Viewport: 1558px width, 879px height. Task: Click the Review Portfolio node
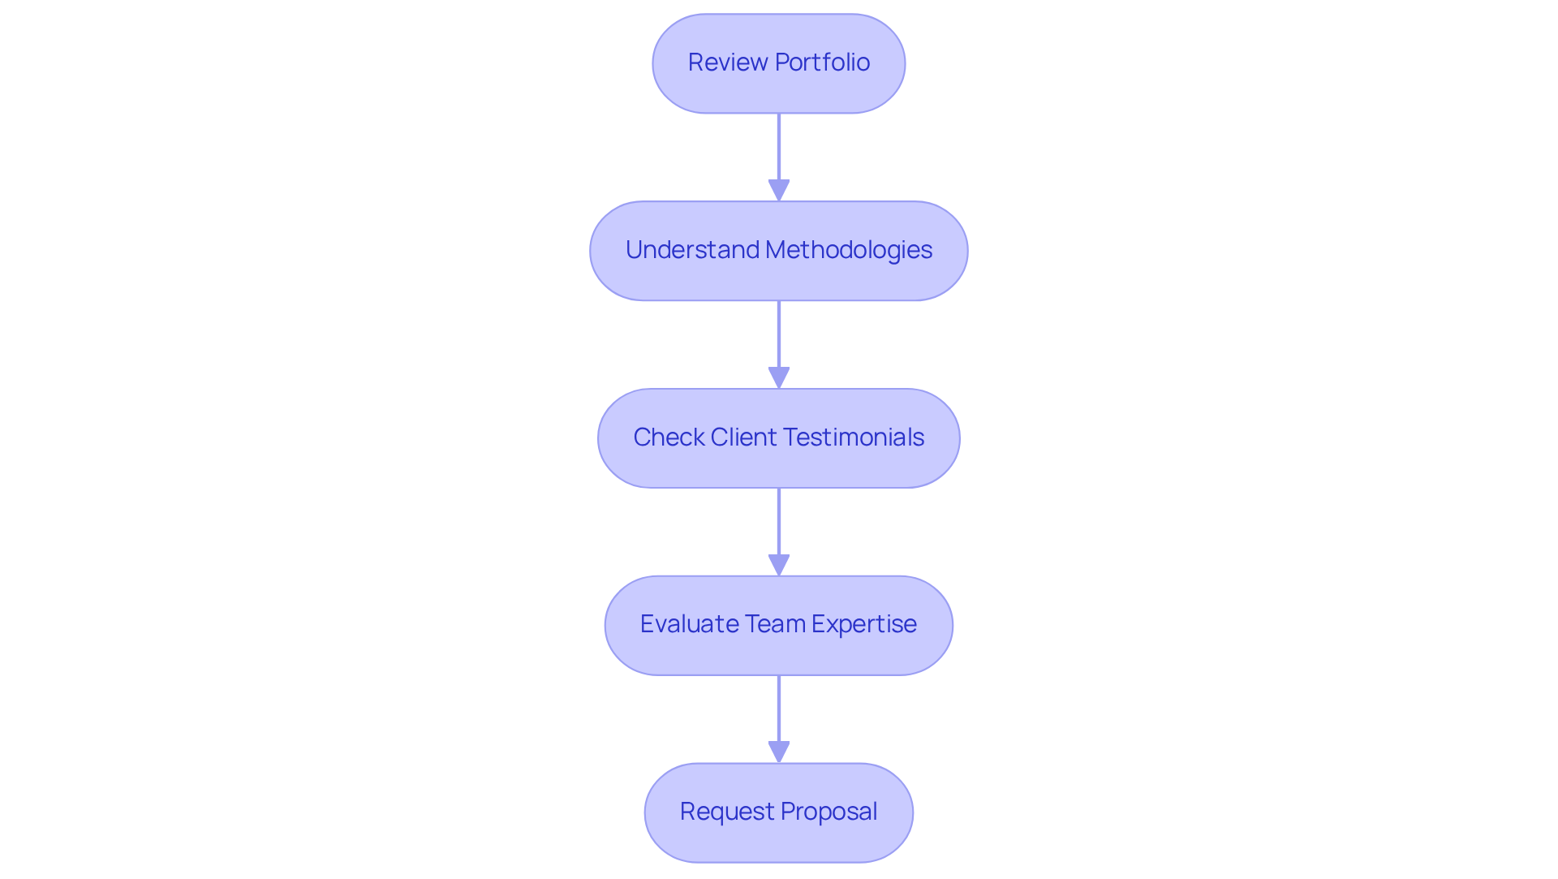778,63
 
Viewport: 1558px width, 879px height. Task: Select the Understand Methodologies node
778,251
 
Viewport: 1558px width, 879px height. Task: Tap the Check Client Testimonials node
778,438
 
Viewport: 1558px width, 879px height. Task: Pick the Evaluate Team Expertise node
778,625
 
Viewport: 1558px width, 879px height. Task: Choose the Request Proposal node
778,812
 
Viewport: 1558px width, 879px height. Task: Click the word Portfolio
822,62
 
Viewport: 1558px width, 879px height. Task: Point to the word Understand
692,250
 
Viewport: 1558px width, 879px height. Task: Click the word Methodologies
849,250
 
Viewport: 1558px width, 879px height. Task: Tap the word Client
744,437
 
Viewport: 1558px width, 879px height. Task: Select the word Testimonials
854,437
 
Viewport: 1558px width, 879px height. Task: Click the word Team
774,624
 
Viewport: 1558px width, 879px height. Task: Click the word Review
728,62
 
